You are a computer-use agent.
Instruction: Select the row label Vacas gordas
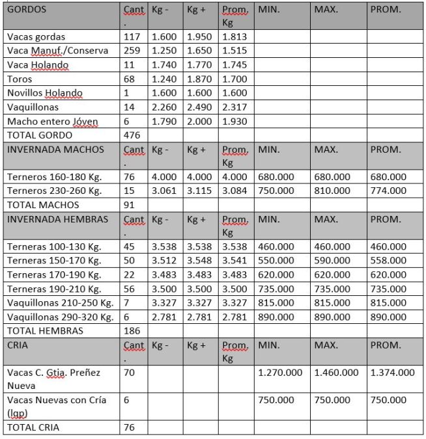[36, 37]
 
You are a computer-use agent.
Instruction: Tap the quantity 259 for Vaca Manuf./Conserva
[130, 51]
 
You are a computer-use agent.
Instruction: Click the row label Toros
[19, 79]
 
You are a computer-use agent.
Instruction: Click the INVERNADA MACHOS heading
[55, 150]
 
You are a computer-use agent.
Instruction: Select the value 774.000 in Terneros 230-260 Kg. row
[388, 191]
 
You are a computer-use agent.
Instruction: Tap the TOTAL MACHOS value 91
[129, 205]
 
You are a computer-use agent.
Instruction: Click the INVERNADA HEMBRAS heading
[57, 219]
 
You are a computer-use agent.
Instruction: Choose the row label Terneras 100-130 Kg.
[53, 246]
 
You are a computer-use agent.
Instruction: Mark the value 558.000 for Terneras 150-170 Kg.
[388, 261]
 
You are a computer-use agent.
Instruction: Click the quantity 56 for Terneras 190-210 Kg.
[129, 289]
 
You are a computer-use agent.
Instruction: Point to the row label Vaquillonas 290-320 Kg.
[60, 317]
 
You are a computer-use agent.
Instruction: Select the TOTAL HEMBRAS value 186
[132, 331]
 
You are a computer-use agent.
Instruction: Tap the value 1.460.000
[336, 373]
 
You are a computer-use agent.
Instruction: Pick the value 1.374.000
[392, 373]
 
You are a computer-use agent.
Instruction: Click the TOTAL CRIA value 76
[129, 427]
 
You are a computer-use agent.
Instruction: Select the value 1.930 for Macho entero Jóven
[234, 122]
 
